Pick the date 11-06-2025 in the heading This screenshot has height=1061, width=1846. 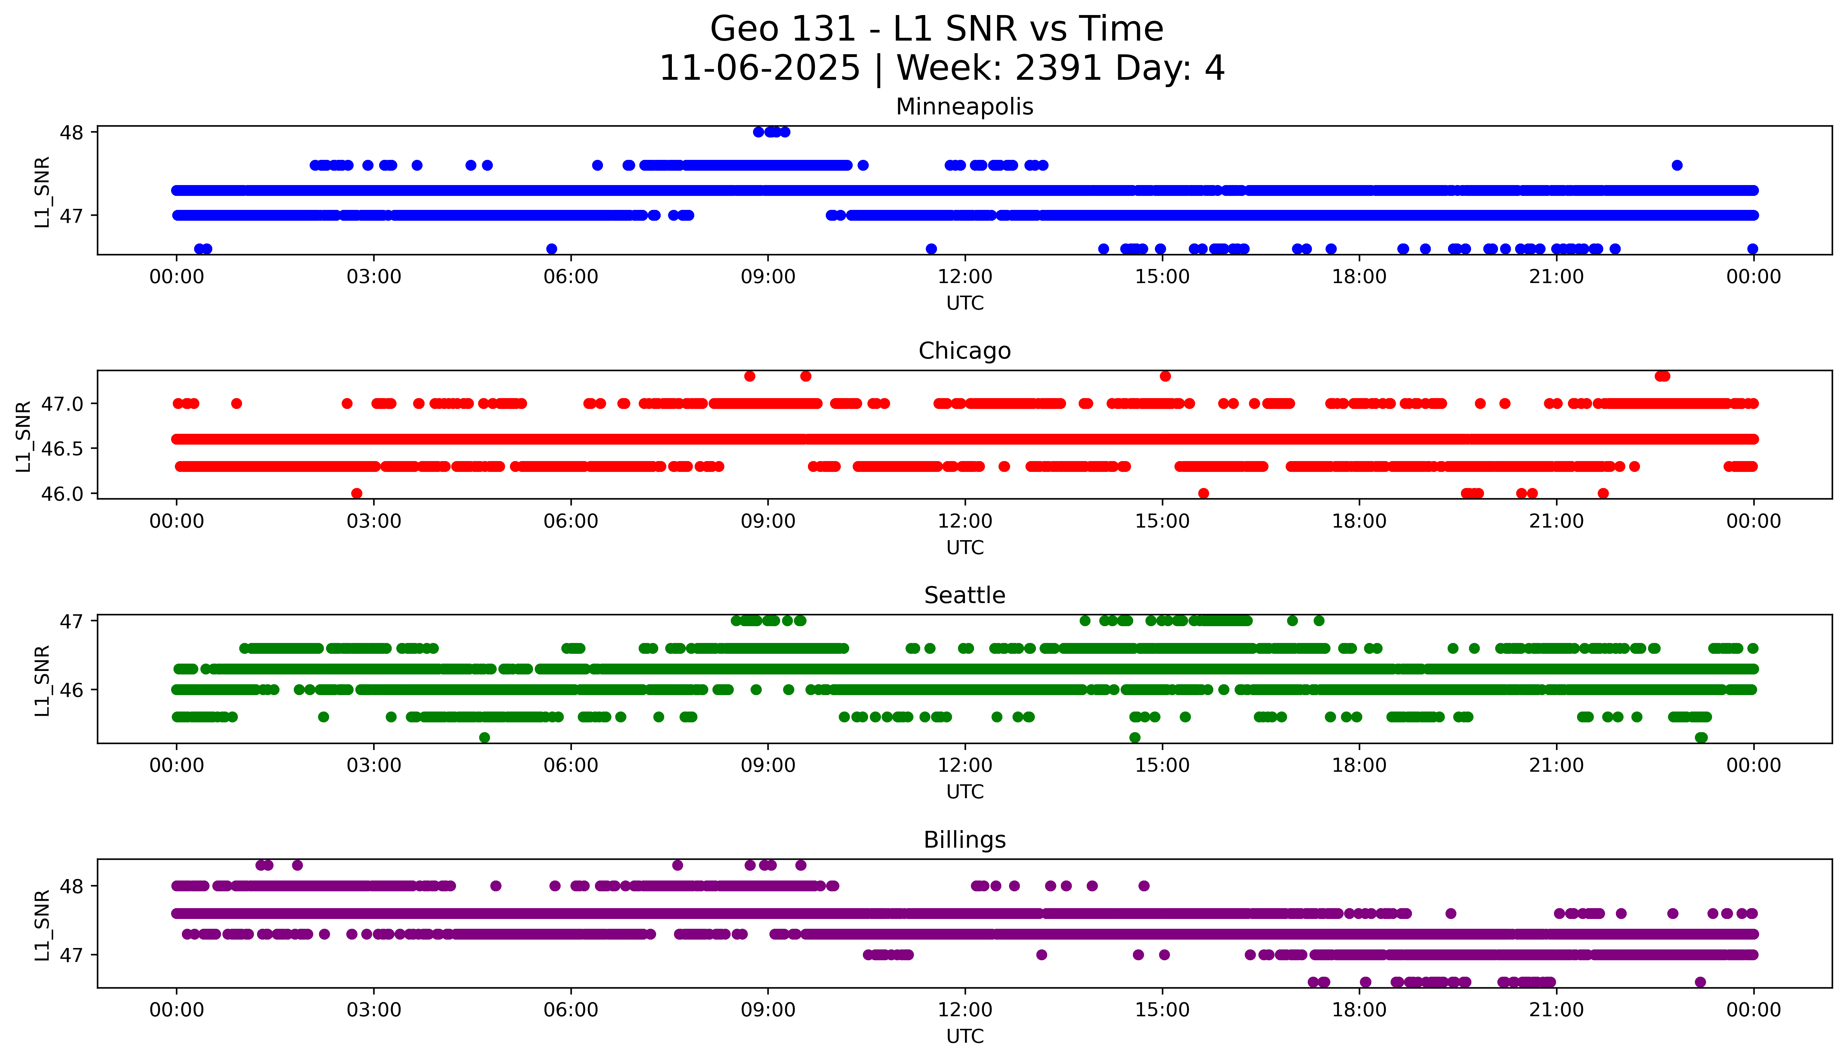point(760,69)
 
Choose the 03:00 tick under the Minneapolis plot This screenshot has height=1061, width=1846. point(374,277)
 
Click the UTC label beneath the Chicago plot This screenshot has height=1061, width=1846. point(965,548)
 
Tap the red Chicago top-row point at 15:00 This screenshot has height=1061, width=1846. point(1165,376)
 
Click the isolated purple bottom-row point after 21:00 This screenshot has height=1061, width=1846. point(1700,982)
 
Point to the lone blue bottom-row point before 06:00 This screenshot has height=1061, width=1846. point(552,248)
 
